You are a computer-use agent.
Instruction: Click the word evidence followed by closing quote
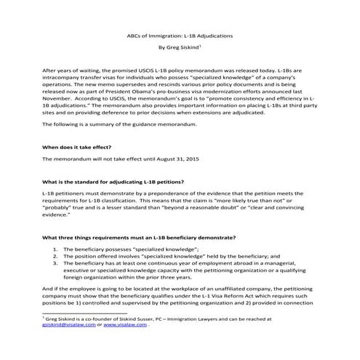tap(58, 215)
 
